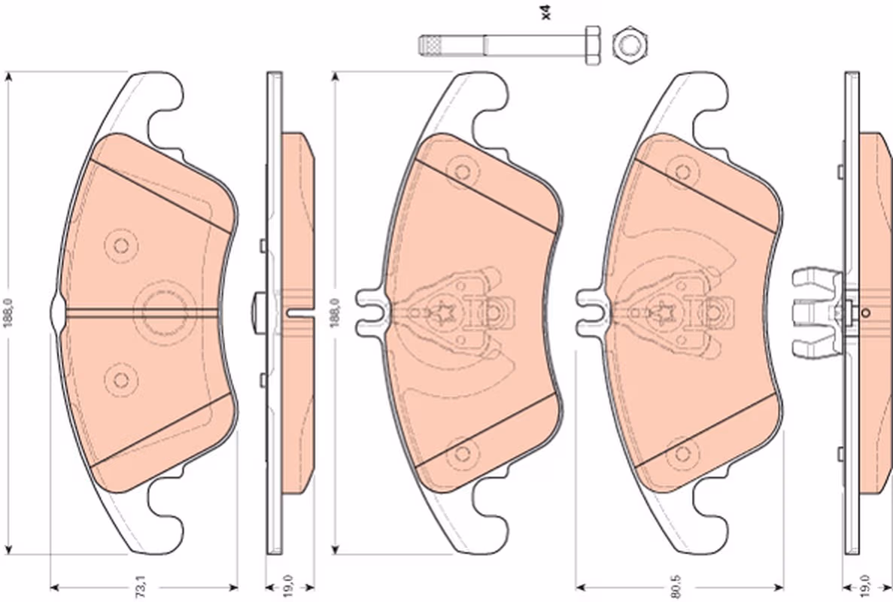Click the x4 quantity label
[x=546, y=12]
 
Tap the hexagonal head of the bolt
[x=592, y=45]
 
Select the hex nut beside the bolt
[x=632, y=44]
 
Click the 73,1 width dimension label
[x=140, y=587]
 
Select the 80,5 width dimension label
[x=676, y=587]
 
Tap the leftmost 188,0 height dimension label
[x=8, y=313]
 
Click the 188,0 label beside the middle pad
[x=334, y=313]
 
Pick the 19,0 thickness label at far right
[x=865, y=587]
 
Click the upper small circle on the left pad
[x=120, y=245]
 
